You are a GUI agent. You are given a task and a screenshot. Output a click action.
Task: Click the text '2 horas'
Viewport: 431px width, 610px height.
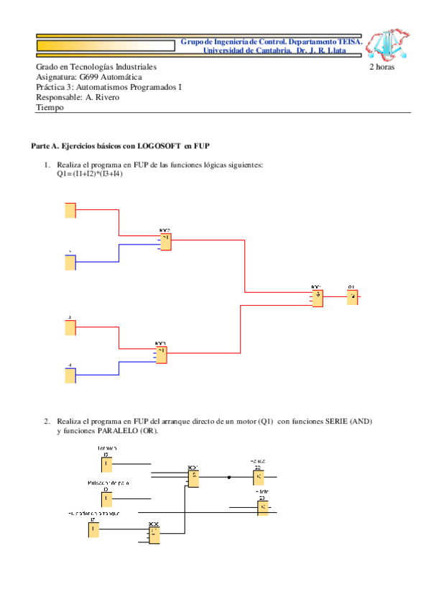coord(381,67)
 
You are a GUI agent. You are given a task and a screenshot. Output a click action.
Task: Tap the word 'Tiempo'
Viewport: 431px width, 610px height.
coord(50,107)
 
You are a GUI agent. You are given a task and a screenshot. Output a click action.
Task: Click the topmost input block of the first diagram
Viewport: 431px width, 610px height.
coord(70,210)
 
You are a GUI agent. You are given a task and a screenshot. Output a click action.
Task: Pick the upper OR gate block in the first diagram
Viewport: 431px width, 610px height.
coord(166,242)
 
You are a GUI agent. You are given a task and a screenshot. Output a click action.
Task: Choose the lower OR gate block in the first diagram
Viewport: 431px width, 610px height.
coord(162,355)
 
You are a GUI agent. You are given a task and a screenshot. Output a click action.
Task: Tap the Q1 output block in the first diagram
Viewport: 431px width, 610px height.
coord(353,297)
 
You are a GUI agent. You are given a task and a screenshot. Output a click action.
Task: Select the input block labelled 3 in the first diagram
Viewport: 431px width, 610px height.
coord(70,327)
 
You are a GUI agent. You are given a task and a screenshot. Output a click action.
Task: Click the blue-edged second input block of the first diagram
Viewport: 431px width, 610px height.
coord(70,262)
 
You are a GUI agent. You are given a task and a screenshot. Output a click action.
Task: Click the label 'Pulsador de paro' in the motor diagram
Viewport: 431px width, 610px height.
coord(108,483)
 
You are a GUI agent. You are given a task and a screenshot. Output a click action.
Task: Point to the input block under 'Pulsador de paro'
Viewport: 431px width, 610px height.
coord(106,497)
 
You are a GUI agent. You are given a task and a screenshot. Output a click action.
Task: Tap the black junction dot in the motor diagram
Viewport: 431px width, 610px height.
coord(229,476)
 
